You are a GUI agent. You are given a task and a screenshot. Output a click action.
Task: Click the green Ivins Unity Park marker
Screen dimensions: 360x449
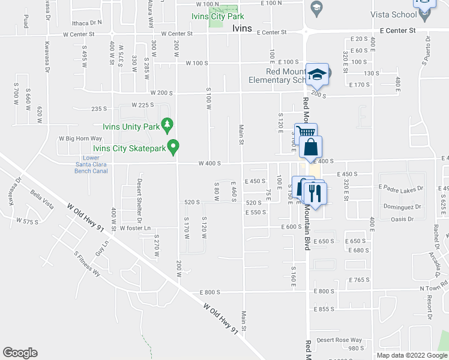(169, 126)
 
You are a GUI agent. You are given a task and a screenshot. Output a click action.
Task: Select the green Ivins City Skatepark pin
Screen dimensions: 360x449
(174, 146)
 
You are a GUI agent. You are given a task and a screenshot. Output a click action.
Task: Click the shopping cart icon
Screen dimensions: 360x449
(305, 132)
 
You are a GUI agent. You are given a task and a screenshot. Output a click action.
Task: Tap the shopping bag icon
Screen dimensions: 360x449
(310, 147)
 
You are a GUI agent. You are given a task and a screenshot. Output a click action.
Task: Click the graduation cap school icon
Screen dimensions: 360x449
(316, 74)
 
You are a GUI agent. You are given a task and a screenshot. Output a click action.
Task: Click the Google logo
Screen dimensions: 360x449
(20, 353)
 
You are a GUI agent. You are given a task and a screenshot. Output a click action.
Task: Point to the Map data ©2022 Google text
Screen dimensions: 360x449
(411, 355)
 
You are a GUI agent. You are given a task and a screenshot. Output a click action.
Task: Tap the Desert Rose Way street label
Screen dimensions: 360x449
(339, 340)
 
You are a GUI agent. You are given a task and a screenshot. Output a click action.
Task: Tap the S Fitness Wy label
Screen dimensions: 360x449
(87, 263)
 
